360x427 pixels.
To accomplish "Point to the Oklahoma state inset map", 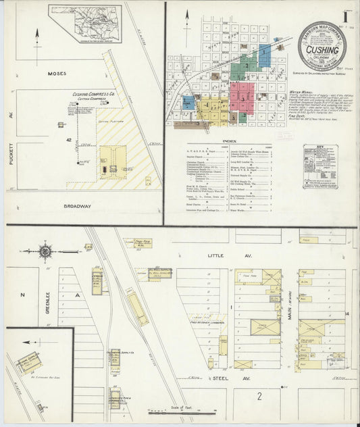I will coord(85,24).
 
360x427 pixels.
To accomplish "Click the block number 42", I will coord(68,139).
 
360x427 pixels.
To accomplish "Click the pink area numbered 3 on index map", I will coord(241,98).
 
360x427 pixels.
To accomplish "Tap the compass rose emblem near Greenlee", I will coord(45,251).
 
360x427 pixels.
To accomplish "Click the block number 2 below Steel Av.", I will coord(259,396).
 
